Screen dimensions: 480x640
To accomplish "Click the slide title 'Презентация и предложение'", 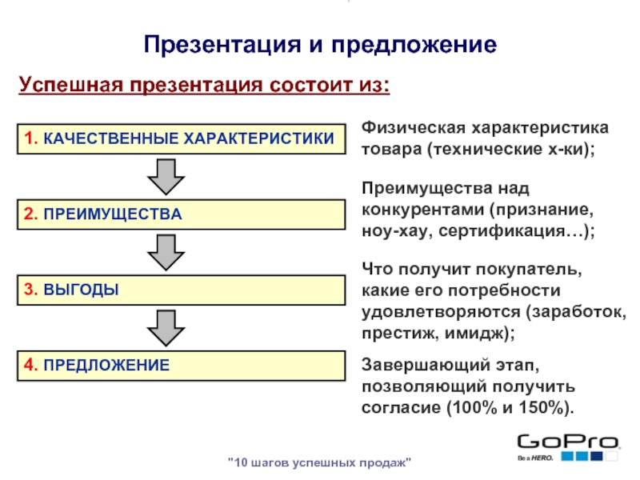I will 320,43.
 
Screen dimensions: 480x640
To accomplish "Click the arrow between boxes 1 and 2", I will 166,176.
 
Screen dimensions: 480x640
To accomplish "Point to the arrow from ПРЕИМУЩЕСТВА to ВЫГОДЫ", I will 166,251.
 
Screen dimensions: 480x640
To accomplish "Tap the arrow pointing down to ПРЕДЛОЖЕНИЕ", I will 166,327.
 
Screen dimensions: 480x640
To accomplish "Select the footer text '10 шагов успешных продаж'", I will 320,463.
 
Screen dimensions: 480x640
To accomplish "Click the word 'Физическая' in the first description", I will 407,129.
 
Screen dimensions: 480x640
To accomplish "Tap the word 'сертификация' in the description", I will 528,231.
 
